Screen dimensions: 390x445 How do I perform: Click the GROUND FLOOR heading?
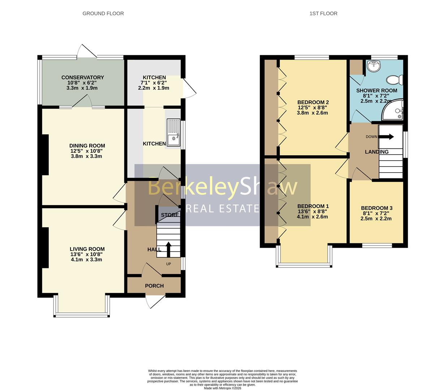pos(103,13)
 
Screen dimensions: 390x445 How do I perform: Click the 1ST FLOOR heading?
pos(323,13)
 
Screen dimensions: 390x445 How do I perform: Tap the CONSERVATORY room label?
pos(82,77)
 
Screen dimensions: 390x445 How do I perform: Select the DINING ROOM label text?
pos(87,146)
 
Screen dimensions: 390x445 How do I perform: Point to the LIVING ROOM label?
pos(87,249)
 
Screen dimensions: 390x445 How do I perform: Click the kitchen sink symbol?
pos(174,132)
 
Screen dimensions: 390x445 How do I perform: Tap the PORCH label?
pos(154,286)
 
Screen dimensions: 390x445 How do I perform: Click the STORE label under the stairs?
pos(170,215)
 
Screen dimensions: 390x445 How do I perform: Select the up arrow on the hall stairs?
pos(168,249)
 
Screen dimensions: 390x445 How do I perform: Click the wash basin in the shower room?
pos(373,66)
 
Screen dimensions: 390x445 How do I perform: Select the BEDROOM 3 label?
pos(377,208)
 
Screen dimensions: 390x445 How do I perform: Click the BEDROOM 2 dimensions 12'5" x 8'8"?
pos(313,108)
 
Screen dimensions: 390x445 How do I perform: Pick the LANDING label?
pos(377,152)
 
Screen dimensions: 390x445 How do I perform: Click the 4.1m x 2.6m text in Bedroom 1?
pos(312,217)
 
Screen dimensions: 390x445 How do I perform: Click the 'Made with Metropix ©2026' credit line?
pos(222,388)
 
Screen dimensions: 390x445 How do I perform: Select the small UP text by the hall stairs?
pos(168,264)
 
